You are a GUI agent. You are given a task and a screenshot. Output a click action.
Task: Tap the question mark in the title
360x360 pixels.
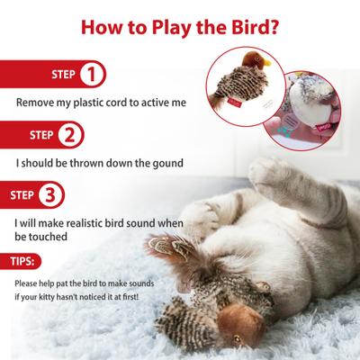273,23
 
